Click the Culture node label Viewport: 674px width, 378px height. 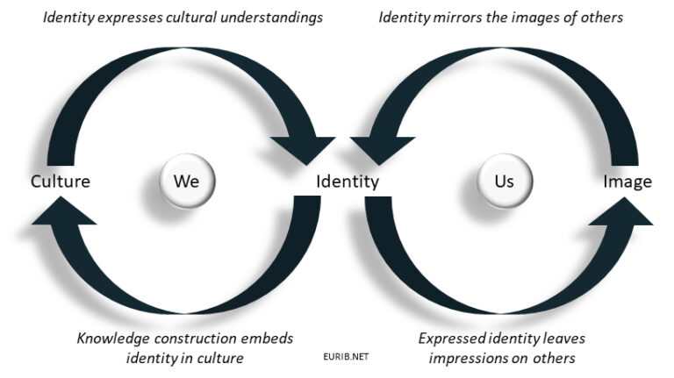[61, 182]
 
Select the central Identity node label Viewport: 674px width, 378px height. [348, 182]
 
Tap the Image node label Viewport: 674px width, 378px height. [627, 182]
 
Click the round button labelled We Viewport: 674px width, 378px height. [187, 182]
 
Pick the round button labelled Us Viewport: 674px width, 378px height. [504, 182]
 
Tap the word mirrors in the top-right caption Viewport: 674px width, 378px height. [456, 18]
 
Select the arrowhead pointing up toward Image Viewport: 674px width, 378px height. [624, 214]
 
